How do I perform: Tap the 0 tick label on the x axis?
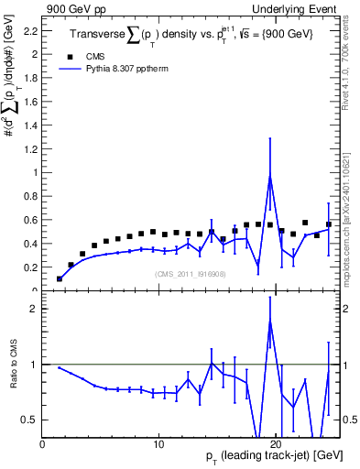coord(42,444)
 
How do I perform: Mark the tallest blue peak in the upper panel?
coord(270,176)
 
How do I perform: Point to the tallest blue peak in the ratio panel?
coord(270,321)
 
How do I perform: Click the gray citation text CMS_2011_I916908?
coord(191,273)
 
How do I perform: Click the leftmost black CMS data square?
coord(60,278)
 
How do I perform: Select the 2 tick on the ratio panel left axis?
coord(33,309)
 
